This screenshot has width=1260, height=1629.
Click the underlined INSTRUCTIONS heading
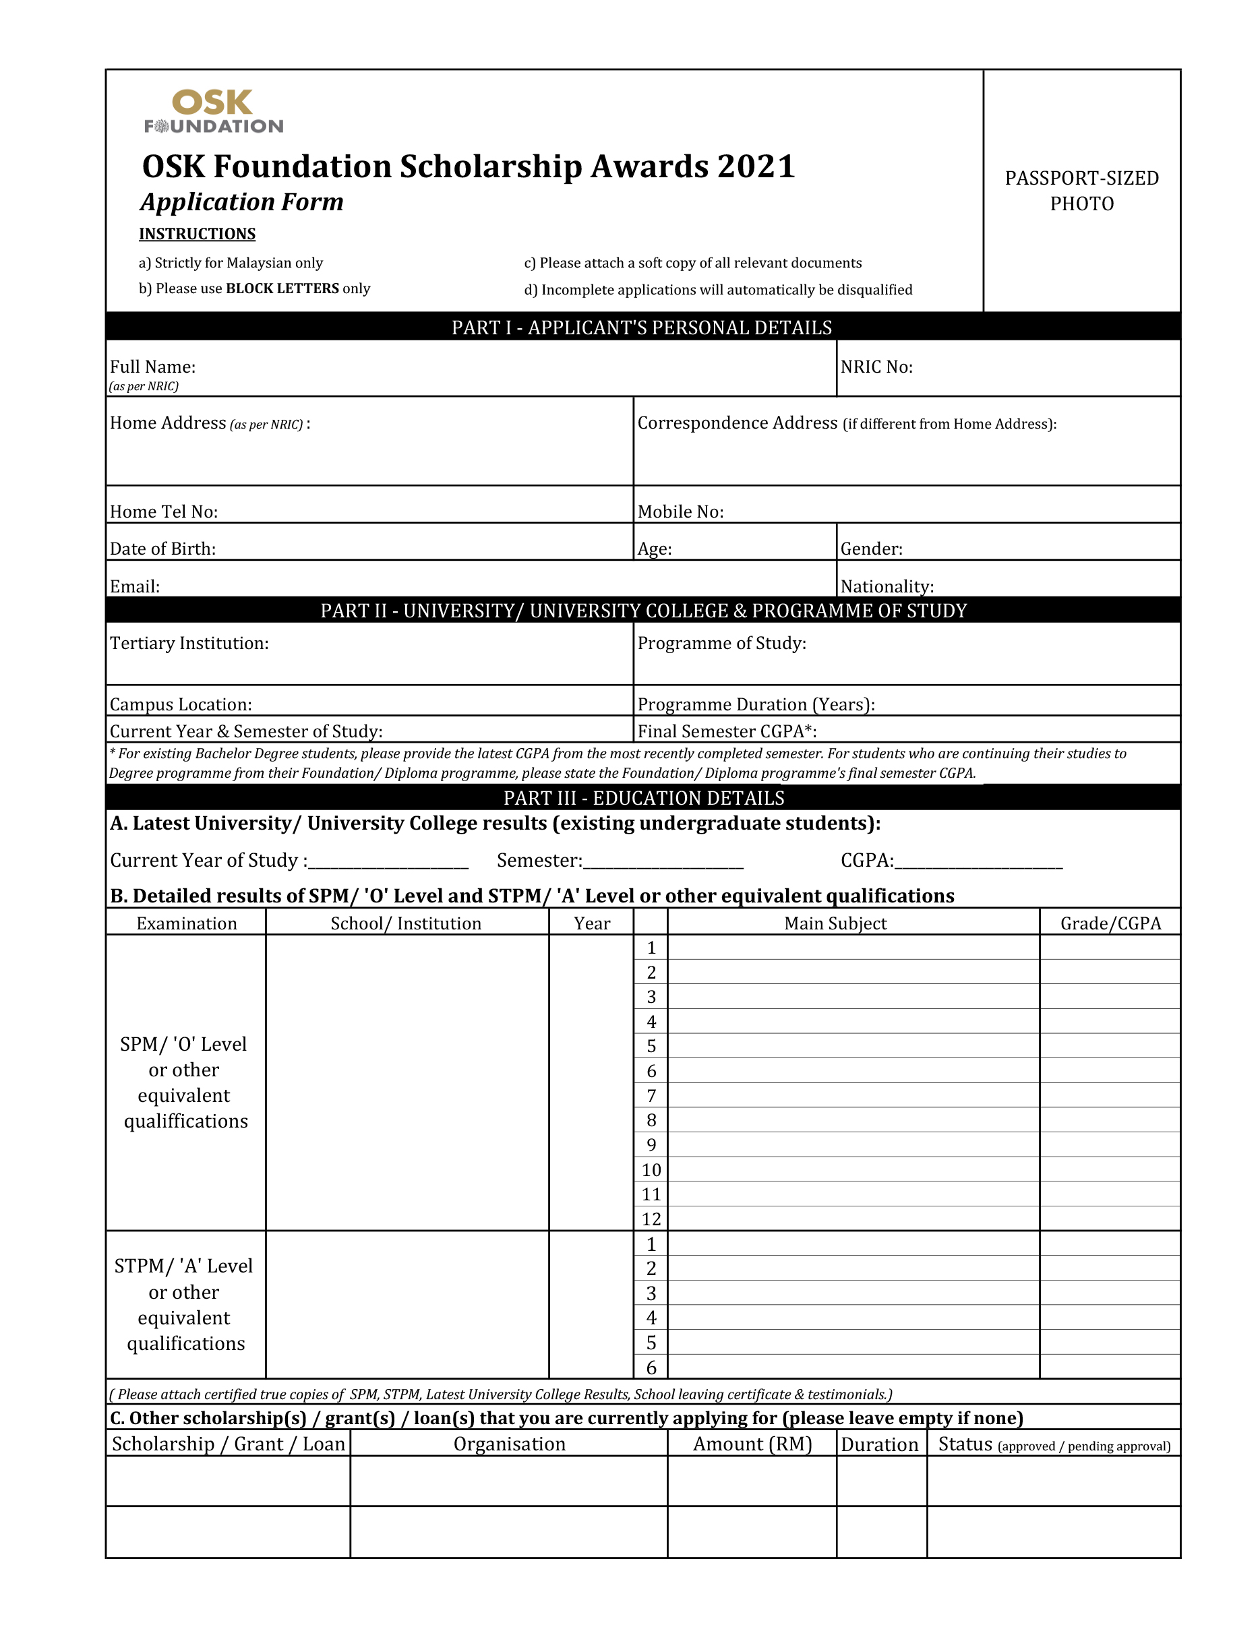coord(197,234)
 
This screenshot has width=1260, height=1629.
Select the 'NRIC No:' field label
coord(876,367)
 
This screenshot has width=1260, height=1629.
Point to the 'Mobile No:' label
coord(680,512)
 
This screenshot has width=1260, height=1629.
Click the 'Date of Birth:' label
coord(162,549)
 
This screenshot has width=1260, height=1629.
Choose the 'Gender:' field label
coord(870,549)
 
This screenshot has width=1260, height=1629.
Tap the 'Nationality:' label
coord(887,586)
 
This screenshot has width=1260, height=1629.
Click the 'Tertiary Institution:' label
coord(189,643)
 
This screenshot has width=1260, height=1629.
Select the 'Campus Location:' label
coord(181,704)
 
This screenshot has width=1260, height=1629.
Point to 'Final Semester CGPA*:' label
coord(727,731)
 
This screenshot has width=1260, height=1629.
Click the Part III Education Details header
coord(643,798)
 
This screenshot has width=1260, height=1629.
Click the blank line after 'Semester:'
coord(663,861)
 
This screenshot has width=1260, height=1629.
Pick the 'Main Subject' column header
coord(835,923)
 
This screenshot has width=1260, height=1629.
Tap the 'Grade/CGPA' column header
coord(1110,923)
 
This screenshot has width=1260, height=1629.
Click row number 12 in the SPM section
coord(651,1219)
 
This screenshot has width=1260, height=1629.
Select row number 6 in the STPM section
coord(651,1367)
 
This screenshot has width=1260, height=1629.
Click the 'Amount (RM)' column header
coord(751,1444)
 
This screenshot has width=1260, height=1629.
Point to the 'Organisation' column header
coord(509,1444)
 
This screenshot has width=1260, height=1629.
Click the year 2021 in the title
coord(756,166)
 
